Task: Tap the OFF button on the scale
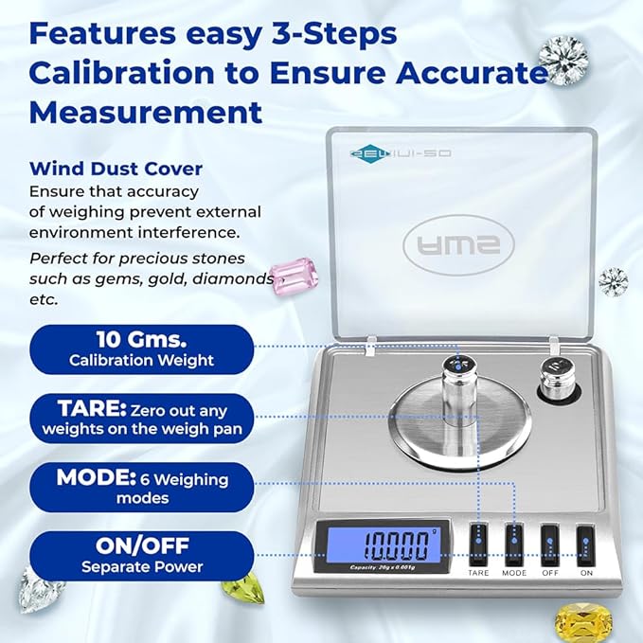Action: (550, 548)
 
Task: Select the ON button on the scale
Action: (585, 548)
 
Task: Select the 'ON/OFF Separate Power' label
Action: (142, 556)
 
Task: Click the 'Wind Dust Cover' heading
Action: (116, 170)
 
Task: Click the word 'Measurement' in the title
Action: (147, 113)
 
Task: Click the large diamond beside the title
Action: (563, 60)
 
